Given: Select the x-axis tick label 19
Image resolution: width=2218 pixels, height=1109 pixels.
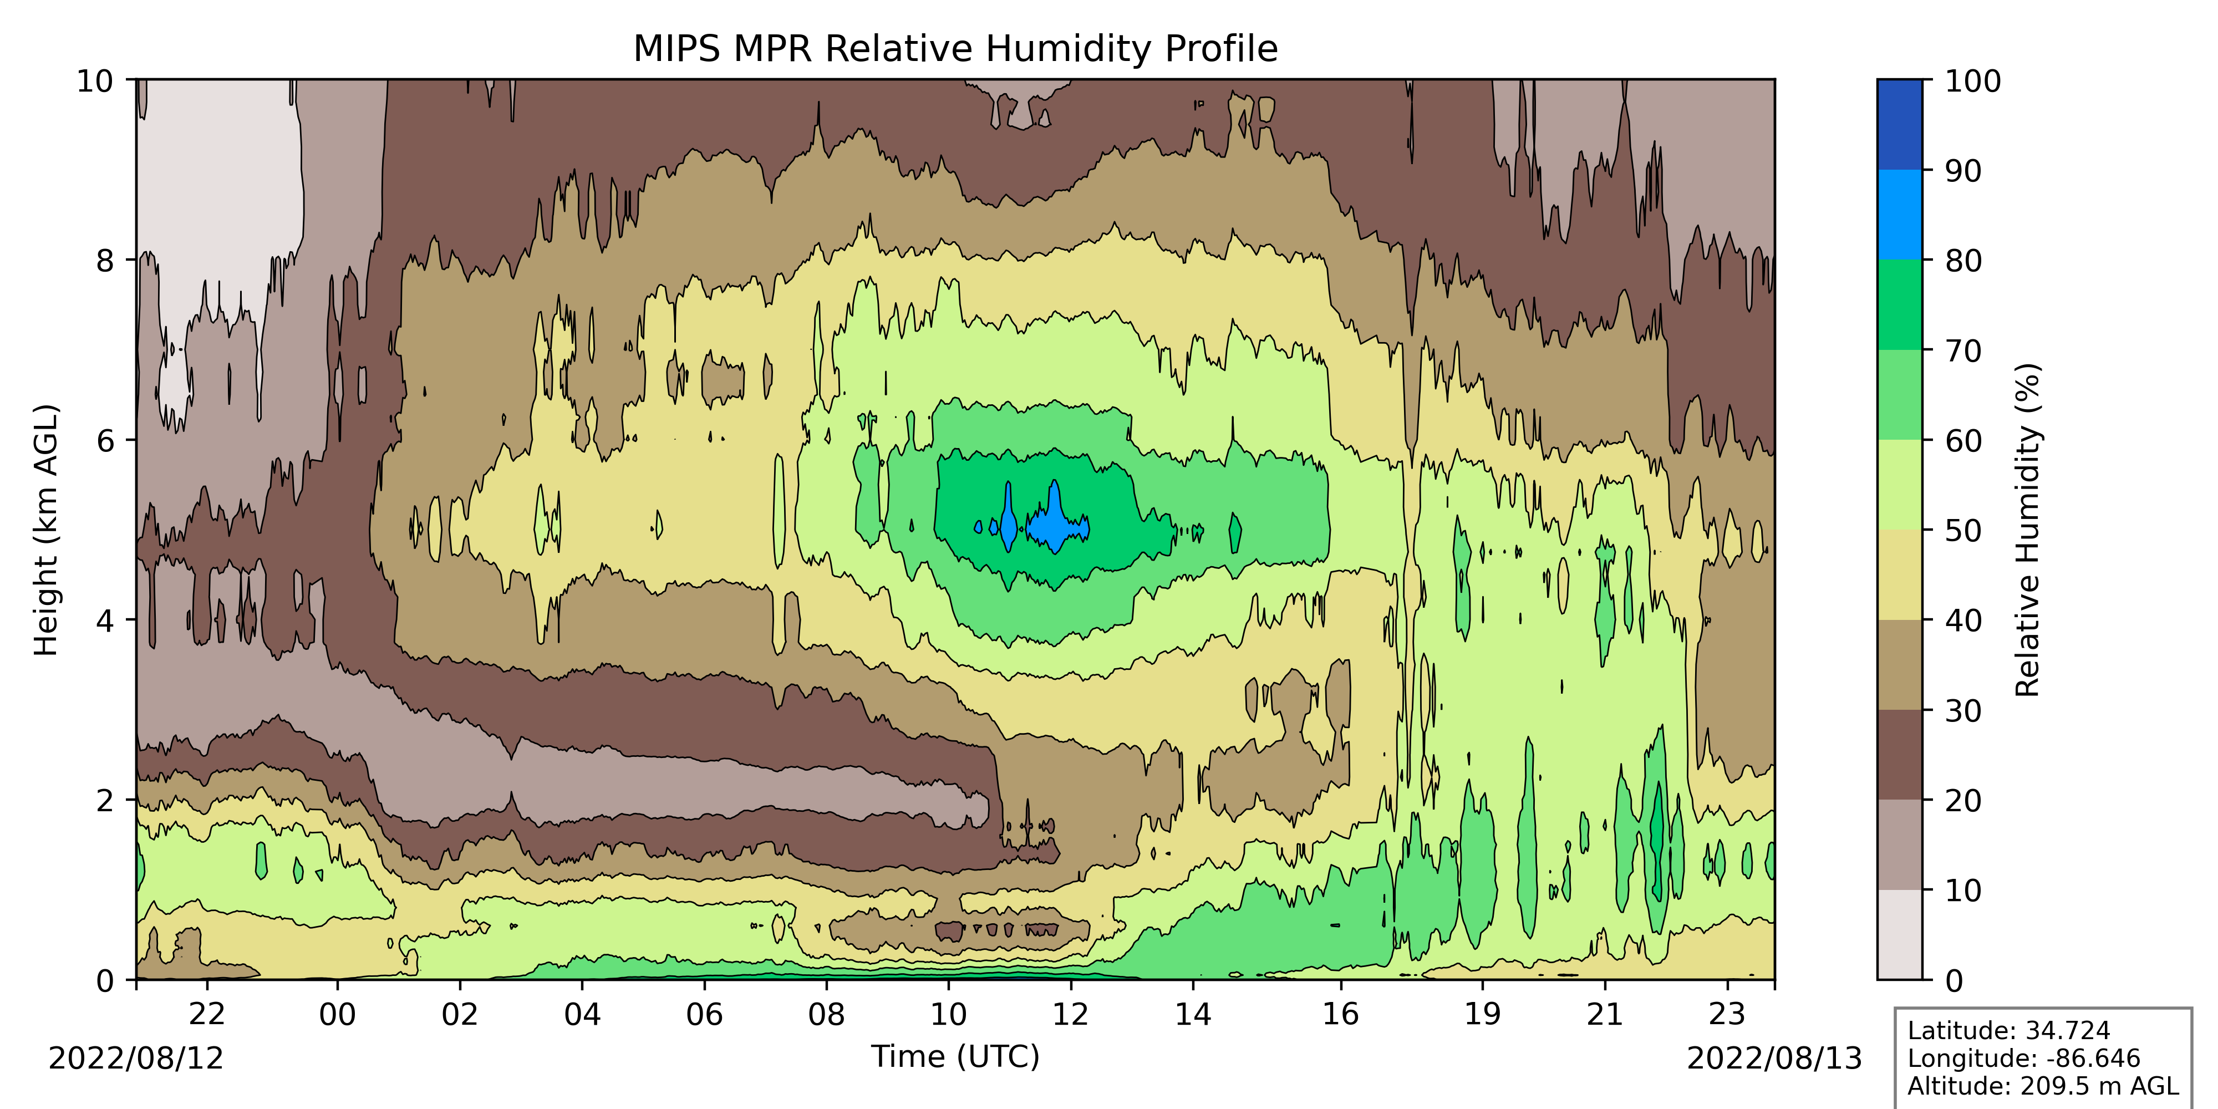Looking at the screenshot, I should coord(1482,1014).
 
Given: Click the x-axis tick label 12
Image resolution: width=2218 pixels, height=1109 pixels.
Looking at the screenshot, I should coord(1070,1014).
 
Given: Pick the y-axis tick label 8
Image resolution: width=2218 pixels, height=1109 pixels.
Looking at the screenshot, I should coord(105,260).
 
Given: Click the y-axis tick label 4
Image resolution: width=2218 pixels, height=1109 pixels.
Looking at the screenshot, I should coord(105,620).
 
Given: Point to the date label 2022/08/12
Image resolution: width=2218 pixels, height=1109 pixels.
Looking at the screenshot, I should coord(135,1058).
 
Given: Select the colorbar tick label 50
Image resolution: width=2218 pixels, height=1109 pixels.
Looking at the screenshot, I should coord(1963,531).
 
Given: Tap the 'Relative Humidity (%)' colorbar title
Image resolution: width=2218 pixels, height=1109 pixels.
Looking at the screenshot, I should coord(2028,530).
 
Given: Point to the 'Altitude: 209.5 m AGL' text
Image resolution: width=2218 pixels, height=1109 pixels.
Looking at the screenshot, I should coord(2042,1086).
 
